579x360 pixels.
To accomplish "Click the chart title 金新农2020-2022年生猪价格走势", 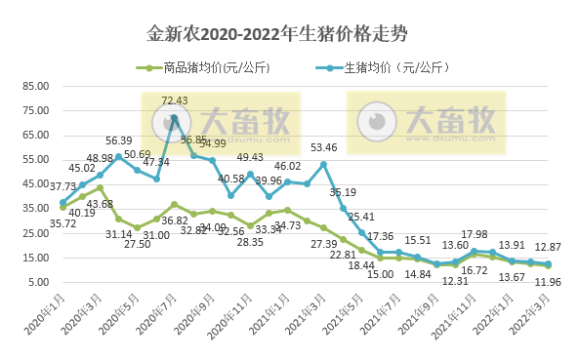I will coord(290,33).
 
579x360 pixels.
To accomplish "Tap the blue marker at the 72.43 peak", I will coord(175,119).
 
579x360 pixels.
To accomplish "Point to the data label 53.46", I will coord(324,147).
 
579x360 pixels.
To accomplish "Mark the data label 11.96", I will coord(550,283).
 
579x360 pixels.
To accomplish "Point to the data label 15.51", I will coord(418,240).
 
